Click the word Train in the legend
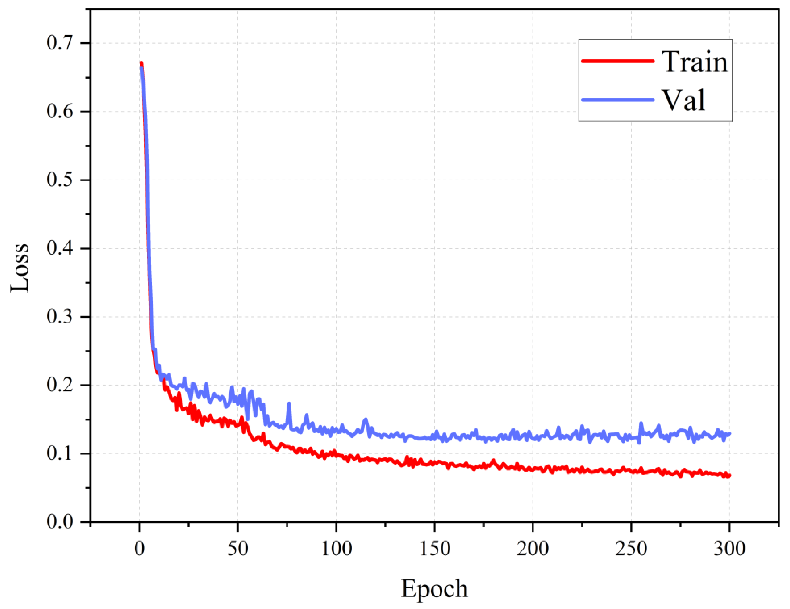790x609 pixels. (x=694, y=62)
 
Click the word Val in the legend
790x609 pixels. (x=683, y=100)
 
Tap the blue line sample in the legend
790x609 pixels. (x=618, y=99)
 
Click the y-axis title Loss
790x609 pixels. (x=19, y=268)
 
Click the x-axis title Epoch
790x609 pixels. (x=434, y=588)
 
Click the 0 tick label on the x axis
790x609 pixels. (x=140, y=549)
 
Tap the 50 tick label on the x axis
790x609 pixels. (x=238, y=549)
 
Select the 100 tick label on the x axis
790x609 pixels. (x=336, y=549)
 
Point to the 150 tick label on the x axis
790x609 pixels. (x=434, y=549)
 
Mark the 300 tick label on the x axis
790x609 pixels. (x=729, y=549)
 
